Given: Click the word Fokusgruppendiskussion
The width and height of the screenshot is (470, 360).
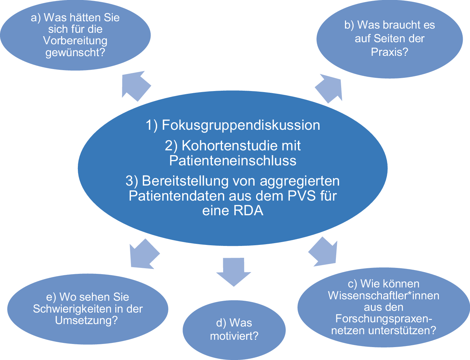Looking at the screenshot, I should (x=241, y=125).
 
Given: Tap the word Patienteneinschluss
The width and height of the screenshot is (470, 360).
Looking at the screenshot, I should (x=233, y=160).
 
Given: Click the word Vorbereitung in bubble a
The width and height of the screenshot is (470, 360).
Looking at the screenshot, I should (x=75, y=41).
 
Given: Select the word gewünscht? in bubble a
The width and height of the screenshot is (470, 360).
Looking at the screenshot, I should (x=75, y=53).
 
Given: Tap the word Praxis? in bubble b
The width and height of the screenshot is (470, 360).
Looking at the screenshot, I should (x=389, y=52).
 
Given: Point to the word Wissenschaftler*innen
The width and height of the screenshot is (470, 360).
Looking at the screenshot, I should (x=383, y=295).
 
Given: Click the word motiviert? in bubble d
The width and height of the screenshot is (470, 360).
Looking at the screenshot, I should (x=234, y=336).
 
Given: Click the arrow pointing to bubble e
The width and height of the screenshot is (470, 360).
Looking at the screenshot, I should (x=142, y=254).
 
